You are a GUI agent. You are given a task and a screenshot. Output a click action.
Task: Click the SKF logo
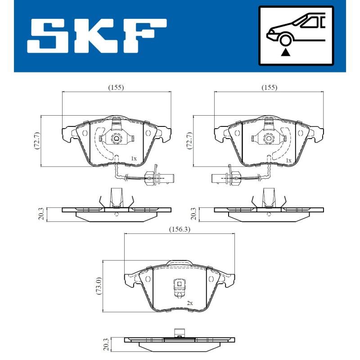[97, 36]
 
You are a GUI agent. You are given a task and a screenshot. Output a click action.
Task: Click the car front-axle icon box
[296, 36]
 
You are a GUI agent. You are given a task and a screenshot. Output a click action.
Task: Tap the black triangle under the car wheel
[284, 53]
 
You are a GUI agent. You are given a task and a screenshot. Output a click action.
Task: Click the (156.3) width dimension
[179, 229]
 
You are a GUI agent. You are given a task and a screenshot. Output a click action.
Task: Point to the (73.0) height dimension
[99, 285]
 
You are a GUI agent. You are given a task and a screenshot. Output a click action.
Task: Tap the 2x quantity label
[189, 303]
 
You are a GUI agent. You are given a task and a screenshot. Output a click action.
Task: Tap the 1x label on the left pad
[133, 158]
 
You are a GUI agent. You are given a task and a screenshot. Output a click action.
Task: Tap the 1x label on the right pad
[288, 160]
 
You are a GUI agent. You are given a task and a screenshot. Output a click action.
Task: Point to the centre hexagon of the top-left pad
[116, 139]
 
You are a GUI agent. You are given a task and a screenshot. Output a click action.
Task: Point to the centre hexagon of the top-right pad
[269, 139]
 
